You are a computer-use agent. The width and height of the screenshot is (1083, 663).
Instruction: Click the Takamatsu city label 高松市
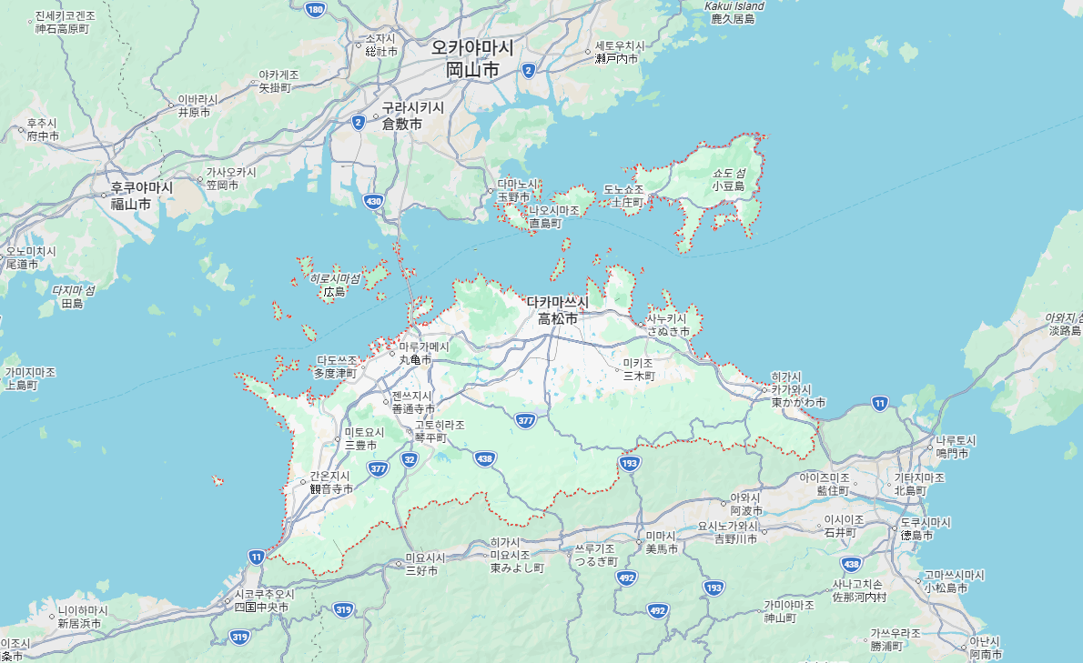(557, 319)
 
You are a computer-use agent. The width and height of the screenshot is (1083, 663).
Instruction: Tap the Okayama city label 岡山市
(471, 70)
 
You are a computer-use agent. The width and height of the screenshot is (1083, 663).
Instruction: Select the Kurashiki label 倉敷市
(401, 124)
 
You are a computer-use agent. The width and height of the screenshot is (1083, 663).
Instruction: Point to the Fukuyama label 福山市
(131, 204)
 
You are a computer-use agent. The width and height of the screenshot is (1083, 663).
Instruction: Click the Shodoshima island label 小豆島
(728, 186)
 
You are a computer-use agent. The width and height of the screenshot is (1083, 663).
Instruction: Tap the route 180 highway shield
(315, 10)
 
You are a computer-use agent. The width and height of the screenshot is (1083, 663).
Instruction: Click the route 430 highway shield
(372, 201)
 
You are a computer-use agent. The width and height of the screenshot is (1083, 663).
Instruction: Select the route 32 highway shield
(410, 460)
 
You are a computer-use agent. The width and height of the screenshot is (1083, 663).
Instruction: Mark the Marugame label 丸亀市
(418, 360)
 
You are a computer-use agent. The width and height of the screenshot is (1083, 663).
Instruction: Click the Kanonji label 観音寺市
(330, 488)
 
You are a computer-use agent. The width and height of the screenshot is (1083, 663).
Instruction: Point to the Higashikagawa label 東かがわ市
(798, 402)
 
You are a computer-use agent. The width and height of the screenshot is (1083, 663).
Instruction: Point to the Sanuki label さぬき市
(668, 332)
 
